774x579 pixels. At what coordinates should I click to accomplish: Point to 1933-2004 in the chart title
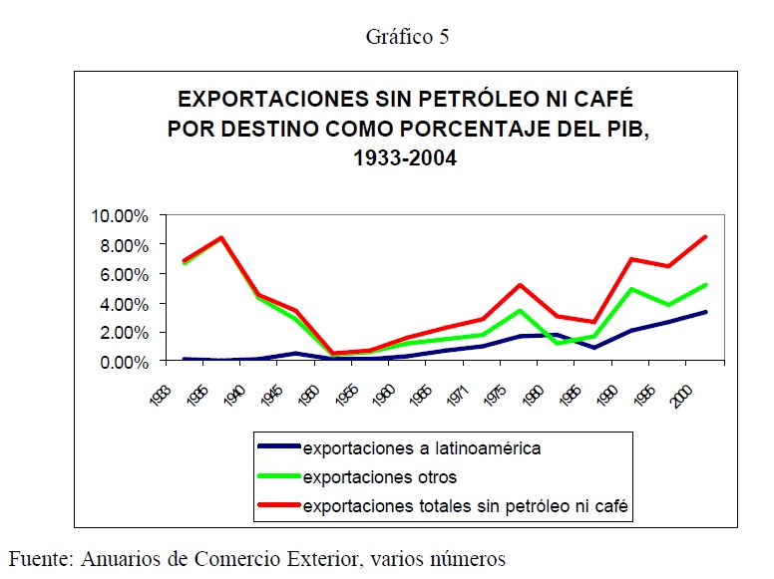pos(404,156)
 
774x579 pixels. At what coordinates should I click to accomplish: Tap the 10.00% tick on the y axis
pos(122,216)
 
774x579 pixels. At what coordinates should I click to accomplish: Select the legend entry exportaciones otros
pos(379,477)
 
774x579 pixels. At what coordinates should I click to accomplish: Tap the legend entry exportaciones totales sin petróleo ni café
pos(467,507)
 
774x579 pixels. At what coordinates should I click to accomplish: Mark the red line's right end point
pos(706,237)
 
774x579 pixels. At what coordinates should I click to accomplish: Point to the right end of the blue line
pos(706,312)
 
